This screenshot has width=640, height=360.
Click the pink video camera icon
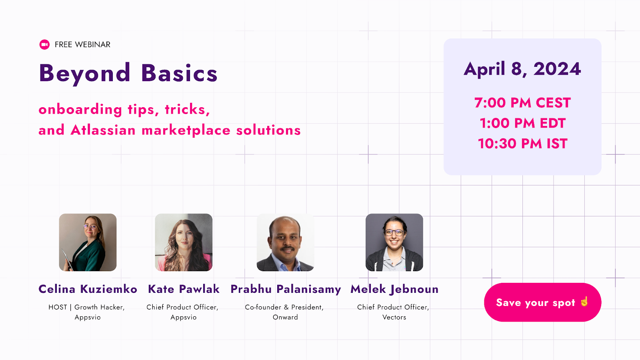[x=44, y=44]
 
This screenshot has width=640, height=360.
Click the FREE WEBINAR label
[x=82, y=44]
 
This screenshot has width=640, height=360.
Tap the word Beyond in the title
[x=85, y=74]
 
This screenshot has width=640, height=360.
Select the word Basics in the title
[x=179, y=74]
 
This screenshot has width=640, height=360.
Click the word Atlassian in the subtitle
[x=103, y=130]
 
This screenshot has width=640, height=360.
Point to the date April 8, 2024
[x=522, y=69]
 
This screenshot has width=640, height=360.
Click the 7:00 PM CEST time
[x=522, y=103]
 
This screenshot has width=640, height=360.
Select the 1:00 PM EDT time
[x=522, y=123]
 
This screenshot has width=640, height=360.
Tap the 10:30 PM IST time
[x=522, y=144]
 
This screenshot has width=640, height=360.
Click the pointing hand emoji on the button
[x=584, y=301]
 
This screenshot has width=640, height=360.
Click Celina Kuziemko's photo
[x=88, y=242]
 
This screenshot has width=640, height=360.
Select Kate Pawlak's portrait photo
[x=184, y=242]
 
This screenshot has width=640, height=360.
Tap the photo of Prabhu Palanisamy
[x=285, y=242]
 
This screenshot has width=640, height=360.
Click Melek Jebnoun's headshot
[x=394, y=242]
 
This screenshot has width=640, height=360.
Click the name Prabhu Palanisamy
[x=286, y=289]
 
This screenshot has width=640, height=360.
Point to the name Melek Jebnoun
[x=394, y=289]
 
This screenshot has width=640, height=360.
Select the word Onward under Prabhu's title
[x=285, y=317]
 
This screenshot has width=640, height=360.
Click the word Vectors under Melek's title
[x=394, y=317]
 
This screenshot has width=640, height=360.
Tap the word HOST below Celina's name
[x=58, y=307]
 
